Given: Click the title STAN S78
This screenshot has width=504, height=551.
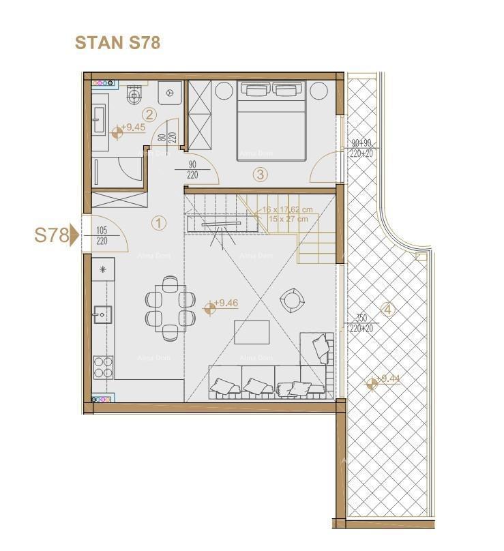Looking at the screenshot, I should [117, 42].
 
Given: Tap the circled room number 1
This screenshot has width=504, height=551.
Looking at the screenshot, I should [158, 222].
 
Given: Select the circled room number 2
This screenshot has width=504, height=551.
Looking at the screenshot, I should [149, 115].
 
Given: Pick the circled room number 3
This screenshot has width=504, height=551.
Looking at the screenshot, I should [259, 174].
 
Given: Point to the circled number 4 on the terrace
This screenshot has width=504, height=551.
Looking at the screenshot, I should [387, 309].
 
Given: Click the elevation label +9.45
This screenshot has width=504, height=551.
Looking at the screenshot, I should [132, 128].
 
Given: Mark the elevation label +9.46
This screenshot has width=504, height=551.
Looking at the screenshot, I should [225, 303].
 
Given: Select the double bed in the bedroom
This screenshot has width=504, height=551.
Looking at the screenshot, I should [271, 120].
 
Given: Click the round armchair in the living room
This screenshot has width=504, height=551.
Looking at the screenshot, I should [292, 300].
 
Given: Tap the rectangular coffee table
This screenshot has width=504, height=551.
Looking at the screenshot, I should [252, 332].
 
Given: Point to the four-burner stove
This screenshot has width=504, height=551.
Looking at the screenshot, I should [103, 368].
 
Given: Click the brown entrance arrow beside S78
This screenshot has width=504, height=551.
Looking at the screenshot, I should [74, 236].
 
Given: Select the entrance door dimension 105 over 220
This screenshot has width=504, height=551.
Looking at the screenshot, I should [103, 236].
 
